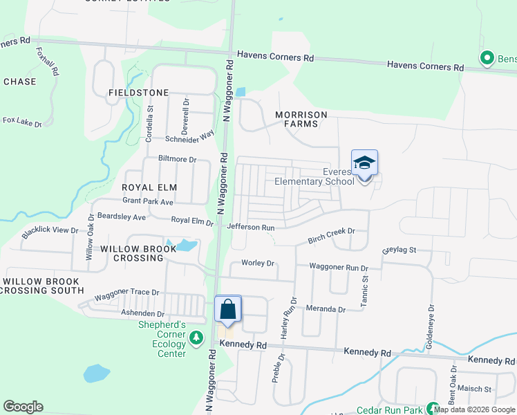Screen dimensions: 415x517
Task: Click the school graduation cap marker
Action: pyautogui.click(x=364, y=163)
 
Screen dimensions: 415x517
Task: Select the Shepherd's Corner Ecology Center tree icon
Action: pyautogui.click(x=197, y=338)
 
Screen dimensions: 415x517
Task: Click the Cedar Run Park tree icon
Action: pyautogui.click(x=433, y=409)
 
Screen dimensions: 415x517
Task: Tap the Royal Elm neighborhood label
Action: pyautogui.click(x=150, y=187)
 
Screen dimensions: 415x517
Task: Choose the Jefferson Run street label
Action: pyautogui.click(x=251, y=227)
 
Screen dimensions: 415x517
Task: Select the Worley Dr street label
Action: pyautogui.click(x=258, y=264)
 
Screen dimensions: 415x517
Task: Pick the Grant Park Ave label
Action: pyautogui.click(x=147, y=202)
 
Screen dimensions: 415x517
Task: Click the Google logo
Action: pyautogui.click(x=23, y=407)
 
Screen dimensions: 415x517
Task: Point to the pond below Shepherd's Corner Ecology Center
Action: pyautogui.click(x=96, y=373)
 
